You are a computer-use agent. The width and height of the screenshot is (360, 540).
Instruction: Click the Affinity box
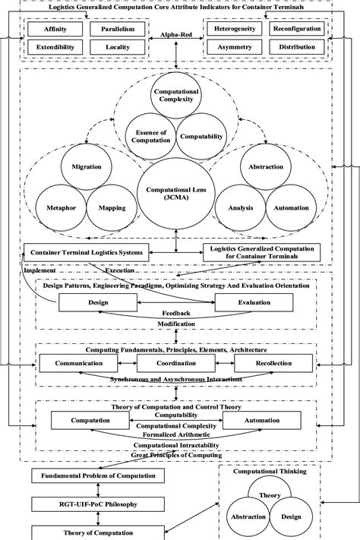(54, 30)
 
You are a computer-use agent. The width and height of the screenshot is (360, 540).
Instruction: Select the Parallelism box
(115, 30)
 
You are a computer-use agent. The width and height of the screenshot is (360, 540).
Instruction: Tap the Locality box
(115, 47)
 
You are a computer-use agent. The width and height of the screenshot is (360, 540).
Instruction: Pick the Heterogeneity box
(233, 30)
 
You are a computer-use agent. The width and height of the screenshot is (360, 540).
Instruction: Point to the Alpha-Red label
(175, 35)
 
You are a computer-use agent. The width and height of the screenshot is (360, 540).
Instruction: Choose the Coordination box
(176, 364)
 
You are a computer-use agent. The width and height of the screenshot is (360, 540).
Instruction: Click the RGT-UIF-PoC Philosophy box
(86, 503)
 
